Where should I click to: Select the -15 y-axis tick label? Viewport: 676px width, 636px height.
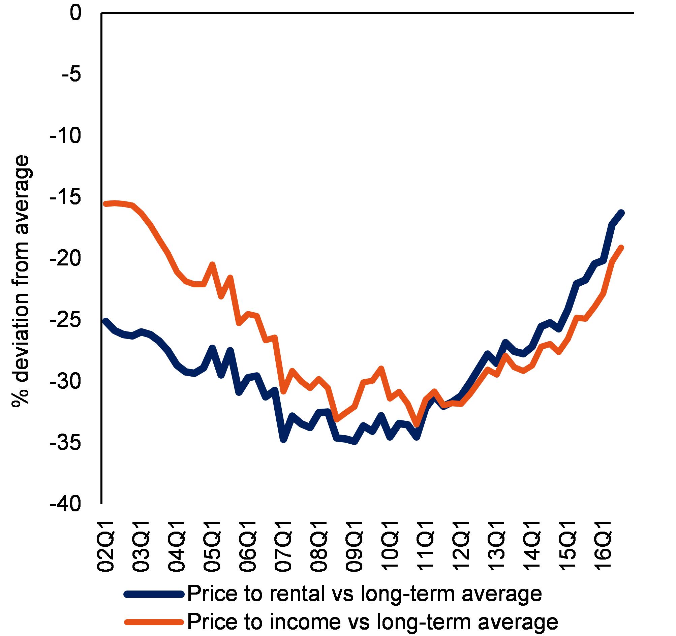[66, 198]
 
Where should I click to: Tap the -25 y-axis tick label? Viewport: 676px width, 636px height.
[66, 321]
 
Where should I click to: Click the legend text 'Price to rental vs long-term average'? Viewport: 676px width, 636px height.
[364, 594]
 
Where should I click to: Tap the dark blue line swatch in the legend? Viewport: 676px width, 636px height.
[155, 594]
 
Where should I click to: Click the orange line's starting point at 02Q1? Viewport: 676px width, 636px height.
[105, 203]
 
